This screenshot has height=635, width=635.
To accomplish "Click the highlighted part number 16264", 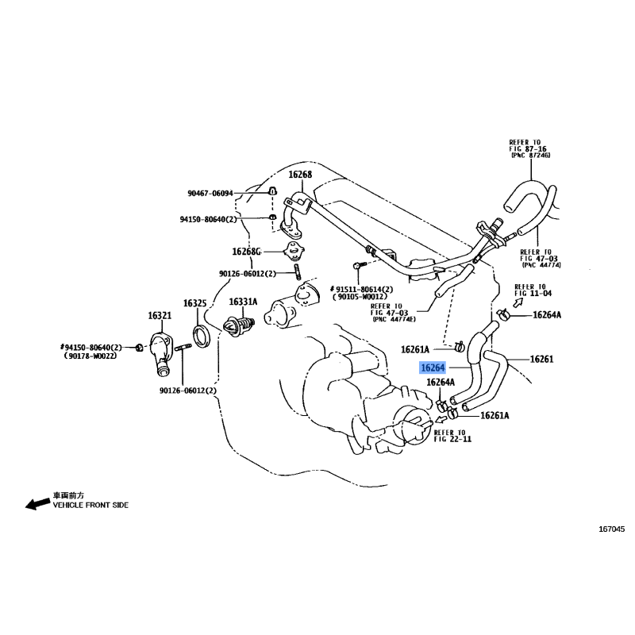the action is coord(433,368).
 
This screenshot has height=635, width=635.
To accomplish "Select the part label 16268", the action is coord(300,175).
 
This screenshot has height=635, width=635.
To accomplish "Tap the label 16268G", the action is coord(246,252).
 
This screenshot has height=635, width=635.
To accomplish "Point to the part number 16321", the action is coord(160,315).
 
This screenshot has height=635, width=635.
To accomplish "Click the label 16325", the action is coord(194,303).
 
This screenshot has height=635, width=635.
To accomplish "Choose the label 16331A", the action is coord(243,302).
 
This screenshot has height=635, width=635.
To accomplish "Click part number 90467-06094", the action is coord(210,194).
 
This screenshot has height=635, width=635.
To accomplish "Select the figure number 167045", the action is coord(612,529).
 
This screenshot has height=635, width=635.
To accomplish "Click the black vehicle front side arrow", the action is coord(38,503).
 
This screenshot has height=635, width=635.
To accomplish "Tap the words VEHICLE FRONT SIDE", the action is coord(90,505).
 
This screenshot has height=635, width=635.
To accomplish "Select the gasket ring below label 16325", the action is coord(202,336).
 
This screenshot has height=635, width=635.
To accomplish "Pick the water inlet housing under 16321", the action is coord(160,352).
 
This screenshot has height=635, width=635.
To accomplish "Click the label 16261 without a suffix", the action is coord(541,359).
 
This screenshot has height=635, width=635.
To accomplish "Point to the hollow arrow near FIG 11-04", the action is coord(518,302).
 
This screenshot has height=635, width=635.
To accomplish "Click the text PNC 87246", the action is coord(531,155).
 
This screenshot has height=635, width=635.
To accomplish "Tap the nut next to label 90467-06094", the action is coord(272,190).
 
